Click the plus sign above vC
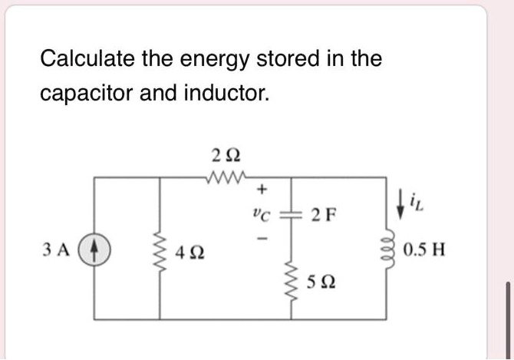[262, 187]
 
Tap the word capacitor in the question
[87, 93]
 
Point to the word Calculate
[87, 58]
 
